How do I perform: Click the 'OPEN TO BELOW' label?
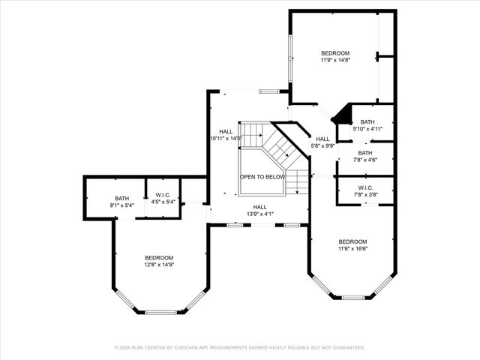pyautogui.click(x=262, y=176)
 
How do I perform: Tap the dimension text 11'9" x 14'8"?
pyautogui.click(x=335, y=60)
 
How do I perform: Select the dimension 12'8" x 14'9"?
pyautogui.click(x=159, y=265)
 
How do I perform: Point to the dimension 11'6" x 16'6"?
pyautogui.click(x=352, y=248)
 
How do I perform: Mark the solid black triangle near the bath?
pyautogui.click(x=343, y=115)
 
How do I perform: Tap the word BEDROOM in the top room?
pyautogui.click(x=335, y=53)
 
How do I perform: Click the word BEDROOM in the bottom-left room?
pyautogui.click(x=159, y=257)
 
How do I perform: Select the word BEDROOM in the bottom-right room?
pyautogui.click(x=352, y=241)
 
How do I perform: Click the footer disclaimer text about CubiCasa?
pyautogui.click(x=240, y=347)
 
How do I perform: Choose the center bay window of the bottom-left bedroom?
pyautogui.click(x=160, y=312)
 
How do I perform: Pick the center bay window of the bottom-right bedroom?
pyautogui.click(x=352, y=298)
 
